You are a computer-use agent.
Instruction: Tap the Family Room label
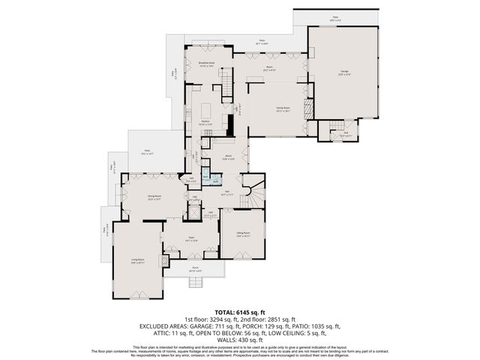click(283, 108)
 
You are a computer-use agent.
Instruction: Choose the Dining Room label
click(154, 196)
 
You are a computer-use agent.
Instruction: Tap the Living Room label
click(137, 260)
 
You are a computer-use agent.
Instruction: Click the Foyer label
click(191, 238)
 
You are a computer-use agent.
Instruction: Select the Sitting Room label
click(243, 234)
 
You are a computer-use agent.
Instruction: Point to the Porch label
click(194, 268)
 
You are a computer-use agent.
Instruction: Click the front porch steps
click(196, 282)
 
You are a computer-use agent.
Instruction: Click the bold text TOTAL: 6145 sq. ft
click(240, 312)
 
